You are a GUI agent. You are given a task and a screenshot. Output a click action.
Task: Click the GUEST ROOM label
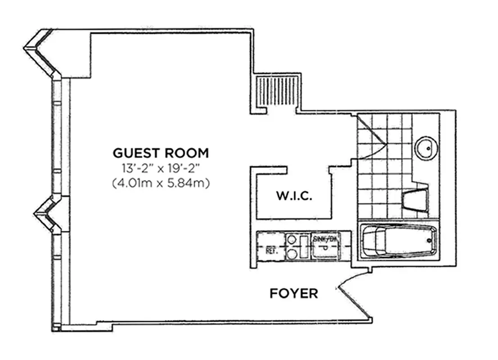[161, 153]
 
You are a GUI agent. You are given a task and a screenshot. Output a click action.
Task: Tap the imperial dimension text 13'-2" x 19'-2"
[161, 169]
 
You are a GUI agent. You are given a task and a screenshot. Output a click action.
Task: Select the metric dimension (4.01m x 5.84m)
[161, 184]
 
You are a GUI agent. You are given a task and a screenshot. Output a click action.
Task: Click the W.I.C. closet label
[294, 197]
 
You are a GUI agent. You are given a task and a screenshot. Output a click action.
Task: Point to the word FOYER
[294, 294]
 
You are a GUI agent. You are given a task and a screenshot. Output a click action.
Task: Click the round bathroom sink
[425, 147]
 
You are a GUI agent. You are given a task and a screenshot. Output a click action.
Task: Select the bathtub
[399, 241]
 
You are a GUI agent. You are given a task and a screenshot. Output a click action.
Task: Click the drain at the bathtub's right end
[431, 241]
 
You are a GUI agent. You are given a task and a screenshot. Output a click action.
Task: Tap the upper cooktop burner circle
[292, 239]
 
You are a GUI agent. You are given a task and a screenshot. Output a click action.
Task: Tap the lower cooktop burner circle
[292, 254]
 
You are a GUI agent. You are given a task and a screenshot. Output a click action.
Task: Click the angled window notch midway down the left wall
[45, 215]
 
